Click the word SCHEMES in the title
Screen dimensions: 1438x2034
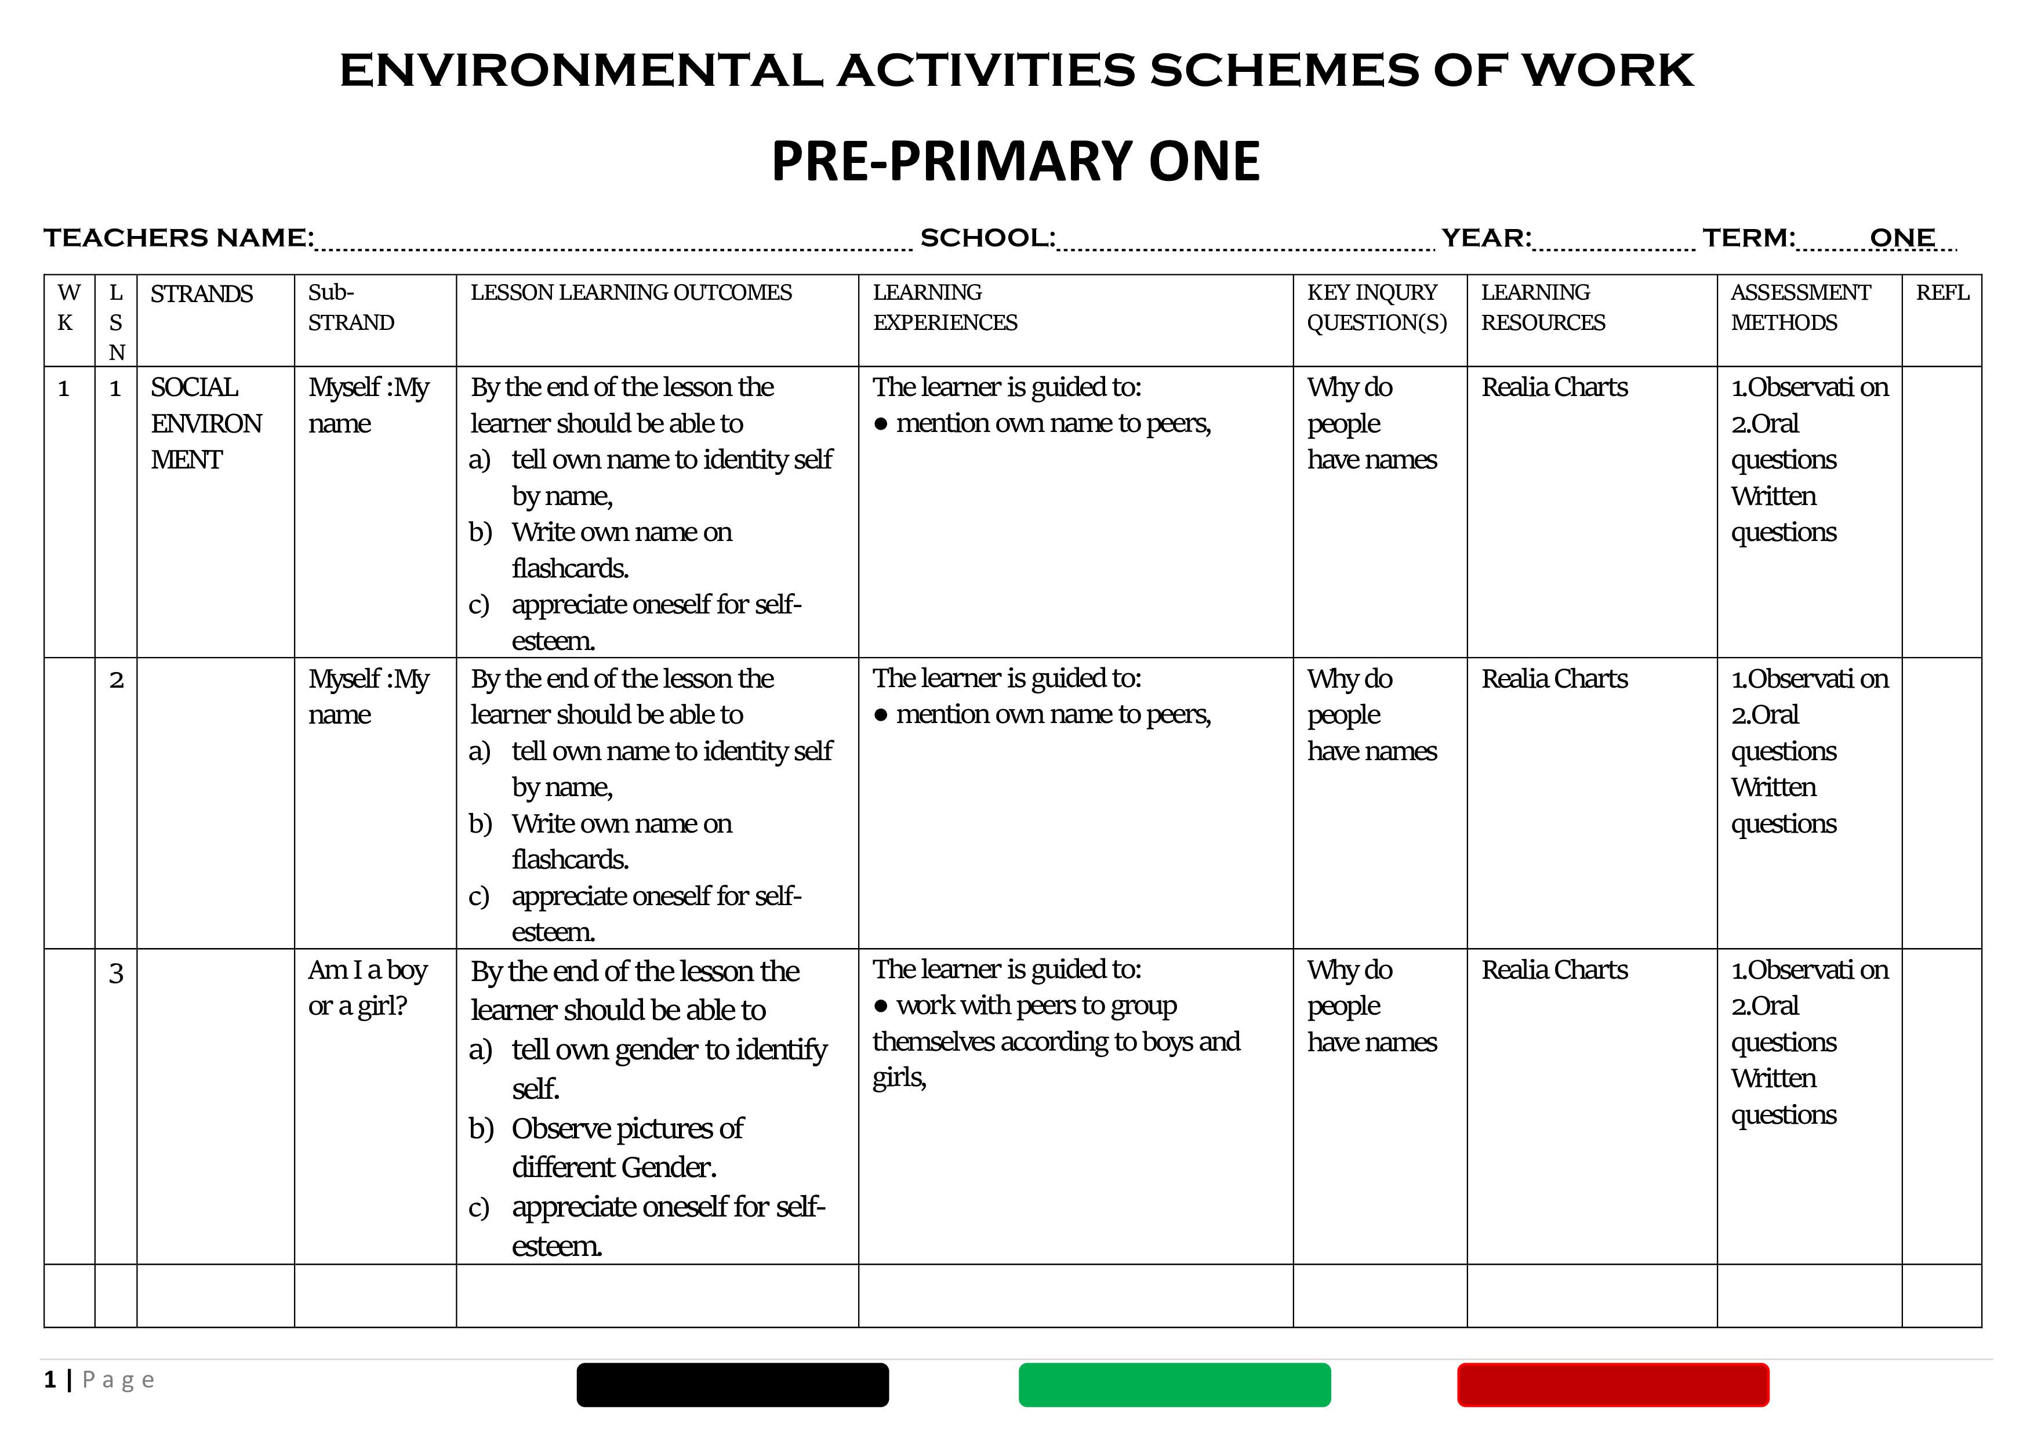[x=1284, y=71]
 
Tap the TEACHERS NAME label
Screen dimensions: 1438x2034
[x=178, y=238]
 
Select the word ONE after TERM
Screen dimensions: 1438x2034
[x=1901, y=238]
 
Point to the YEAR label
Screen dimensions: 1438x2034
[x=1485, y=238]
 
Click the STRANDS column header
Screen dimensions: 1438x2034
[x=201, y=294]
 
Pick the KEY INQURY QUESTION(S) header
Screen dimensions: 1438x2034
[x=1376, y=307]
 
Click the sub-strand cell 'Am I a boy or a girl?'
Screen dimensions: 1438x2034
[x=367, y=988]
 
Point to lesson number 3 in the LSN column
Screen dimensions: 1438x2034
[x=116, y=974]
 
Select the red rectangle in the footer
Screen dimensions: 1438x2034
[x=1612, y=1385]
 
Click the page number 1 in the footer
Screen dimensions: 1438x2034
[x=50, y=1379]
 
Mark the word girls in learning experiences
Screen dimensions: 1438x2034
[x=898, y=1078]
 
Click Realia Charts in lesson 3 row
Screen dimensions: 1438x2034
[x=1554, y=970]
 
